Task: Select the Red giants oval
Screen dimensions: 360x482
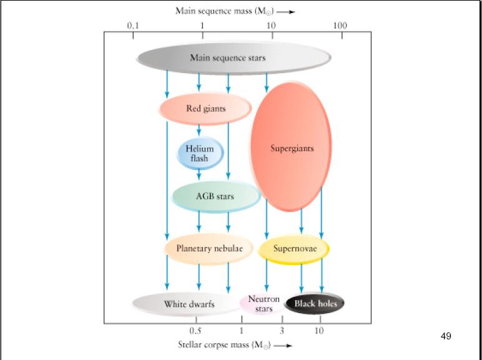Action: pos(205,109)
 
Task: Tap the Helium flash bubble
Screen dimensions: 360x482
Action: pos(199,154)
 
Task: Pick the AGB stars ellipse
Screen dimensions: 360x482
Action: pos(215,196)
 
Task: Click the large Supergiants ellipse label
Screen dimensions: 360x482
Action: pos(292,149)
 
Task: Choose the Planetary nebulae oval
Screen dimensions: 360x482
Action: pos(209,249)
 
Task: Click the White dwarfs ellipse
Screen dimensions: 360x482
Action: pos(189,304)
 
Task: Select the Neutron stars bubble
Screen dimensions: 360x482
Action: pos(263,304)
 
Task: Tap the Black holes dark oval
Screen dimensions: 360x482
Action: pos(315,304)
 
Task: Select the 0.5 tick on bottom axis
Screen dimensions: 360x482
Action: pos(195,330)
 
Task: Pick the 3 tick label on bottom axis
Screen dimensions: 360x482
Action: pos(282,330)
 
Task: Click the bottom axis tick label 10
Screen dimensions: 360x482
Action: pos(319,330)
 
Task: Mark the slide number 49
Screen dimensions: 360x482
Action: pos(445,337)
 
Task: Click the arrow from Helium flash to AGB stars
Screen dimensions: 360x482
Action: pos(199,176)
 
